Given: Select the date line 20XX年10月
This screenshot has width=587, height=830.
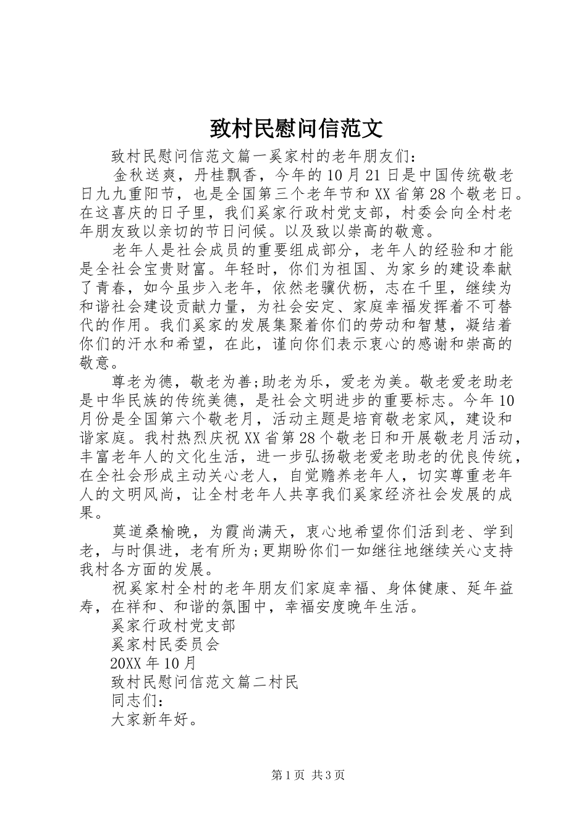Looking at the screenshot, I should tap(154, 664).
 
